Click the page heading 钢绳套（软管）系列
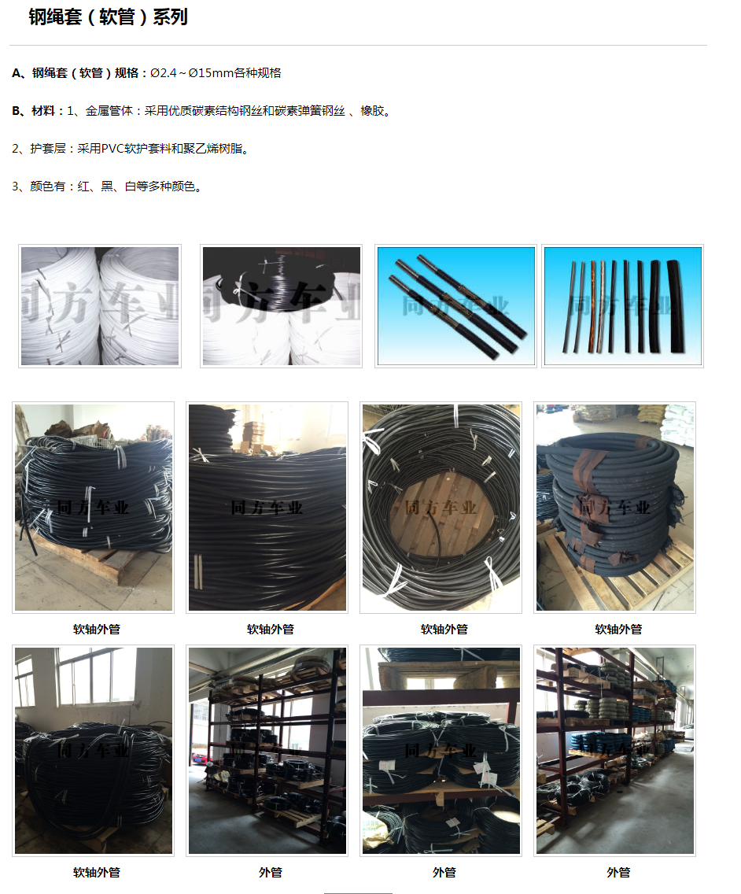click(x=108, y=17)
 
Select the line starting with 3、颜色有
click(x=107, y=187)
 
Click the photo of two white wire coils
click(x=100, y=306)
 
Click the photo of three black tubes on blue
click(x=456, y=306)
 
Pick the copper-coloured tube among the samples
click(x=592, y=305)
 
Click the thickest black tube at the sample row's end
click(x=676, y=306)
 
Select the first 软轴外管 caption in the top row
click(x=96, y=629)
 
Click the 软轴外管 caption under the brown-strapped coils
click(x=618, y=629)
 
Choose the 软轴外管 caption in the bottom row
click(x=96, y=872)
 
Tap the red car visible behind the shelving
click(x=200, y=759)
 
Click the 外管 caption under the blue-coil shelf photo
click(x=618, y=872)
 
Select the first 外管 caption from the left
click(x=270, y=872)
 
